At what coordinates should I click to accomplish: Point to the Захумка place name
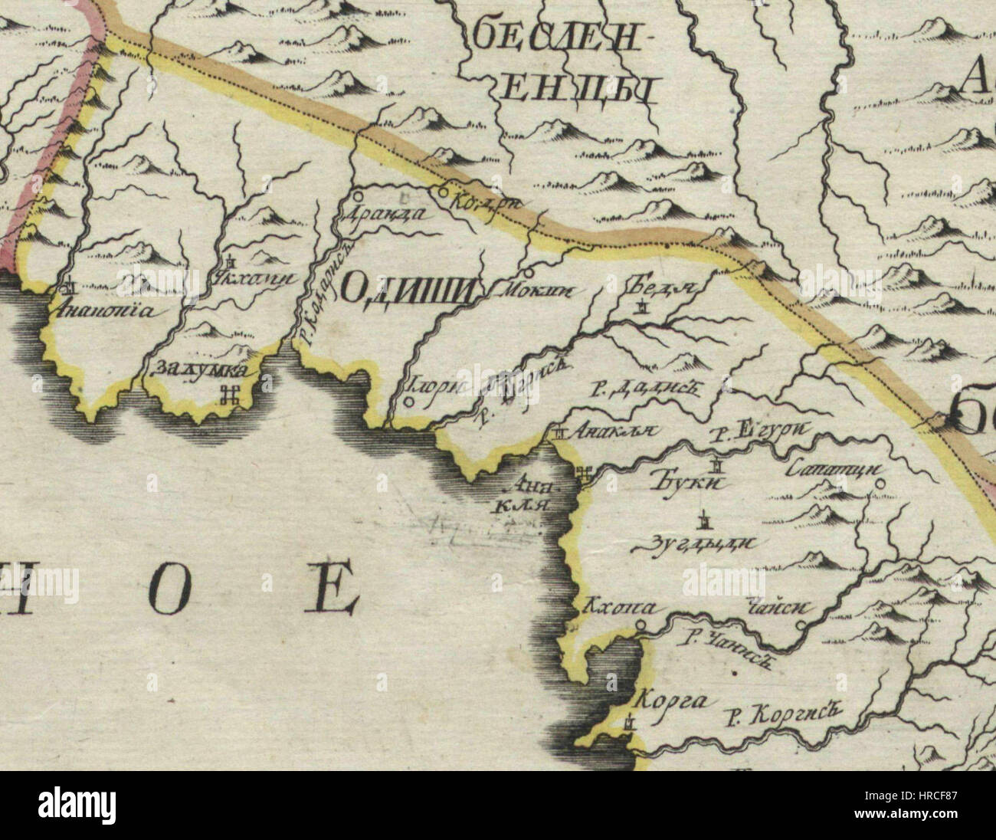(x=201, y=369)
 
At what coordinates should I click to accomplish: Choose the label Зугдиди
(x=701, y=544)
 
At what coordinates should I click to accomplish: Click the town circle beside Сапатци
(x=880, y=484)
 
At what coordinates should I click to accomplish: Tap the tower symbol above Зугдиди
(x=701, y=520)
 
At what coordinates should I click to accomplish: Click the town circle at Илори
(x=409, y=400)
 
